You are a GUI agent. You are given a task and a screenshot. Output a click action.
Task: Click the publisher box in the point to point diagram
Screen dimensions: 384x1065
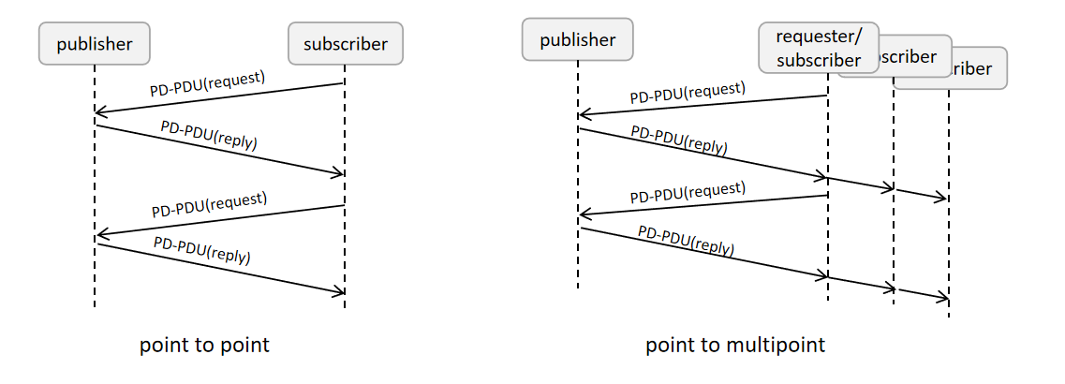tap(94, 44)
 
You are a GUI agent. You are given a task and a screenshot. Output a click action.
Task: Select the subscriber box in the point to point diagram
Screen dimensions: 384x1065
tap(345, 44)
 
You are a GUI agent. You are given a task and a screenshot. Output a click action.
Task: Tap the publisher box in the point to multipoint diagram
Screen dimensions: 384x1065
tap(577, 40)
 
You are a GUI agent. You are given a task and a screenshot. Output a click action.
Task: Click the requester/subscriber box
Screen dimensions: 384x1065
tap(819, 48)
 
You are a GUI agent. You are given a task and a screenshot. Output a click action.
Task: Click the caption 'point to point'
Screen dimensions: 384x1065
tap(204, 345)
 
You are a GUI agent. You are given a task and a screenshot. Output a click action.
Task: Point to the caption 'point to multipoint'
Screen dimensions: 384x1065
tap(735, 345)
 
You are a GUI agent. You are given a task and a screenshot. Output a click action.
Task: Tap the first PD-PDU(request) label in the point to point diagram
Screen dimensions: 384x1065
tap(208, 84)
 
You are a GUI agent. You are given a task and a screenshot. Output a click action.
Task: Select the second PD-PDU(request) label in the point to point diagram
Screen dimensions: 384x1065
tap(209, 203)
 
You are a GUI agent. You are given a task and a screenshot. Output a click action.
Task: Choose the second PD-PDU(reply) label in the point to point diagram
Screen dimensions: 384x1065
tap(202, 249)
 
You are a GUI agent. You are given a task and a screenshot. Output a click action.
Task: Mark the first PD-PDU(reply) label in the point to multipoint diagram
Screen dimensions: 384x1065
tap(678, 140)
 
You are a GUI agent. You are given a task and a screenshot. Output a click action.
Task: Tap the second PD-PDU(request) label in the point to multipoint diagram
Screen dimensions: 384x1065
tap(688, 192)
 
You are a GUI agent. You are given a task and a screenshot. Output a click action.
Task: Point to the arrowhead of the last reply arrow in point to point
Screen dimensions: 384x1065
tap(340, 293)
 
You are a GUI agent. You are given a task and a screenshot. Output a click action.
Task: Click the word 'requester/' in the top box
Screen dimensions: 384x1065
tap(819, 38)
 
